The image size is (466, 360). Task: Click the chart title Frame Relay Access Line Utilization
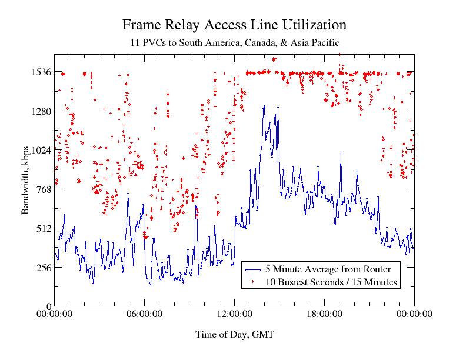pyautogui.click(x=234, y=25)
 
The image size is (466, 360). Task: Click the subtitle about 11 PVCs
pyautogui.click(x=234, y=43)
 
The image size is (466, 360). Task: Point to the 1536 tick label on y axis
pyautogui.click(x=40, y=72)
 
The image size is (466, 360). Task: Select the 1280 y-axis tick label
pyautogui.click(x=40, y=111)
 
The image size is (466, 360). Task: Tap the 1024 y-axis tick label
pyautogui.click(x=40, y=150)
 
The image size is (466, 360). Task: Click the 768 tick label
pyautogui.click(x=42, y=189)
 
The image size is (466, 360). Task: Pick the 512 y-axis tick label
pyautogui.click(x=42, y=228)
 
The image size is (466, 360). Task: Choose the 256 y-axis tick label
pyautogui.click(x=42, y=268)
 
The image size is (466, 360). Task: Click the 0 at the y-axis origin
pyautogui.click(x=48, y=306)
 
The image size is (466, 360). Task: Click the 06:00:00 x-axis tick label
pyautogui.click(x=144, y=315)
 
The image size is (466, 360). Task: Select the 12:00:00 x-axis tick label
pyautogui.click(x=234, y=315)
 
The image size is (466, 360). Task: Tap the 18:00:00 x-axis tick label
pyautogui.click(x=324, y=315)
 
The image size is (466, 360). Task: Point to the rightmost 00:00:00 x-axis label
pyautogui.click(x=414, y=315)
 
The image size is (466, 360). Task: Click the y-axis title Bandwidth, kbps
pyautogui.click(x=26, y=180)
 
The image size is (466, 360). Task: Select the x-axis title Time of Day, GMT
pyautogui.click(x=234, y=335)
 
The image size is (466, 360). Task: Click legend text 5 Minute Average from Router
pyautogui.click(x=328, y=269)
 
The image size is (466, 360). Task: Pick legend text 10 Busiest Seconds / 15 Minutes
pyautogui.click(x=332, y=282)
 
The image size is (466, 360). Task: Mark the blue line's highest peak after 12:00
pyautogui.click(x=265, y=106)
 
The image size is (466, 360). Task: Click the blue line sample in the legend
pyautogui.click(x=253, y=269)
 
